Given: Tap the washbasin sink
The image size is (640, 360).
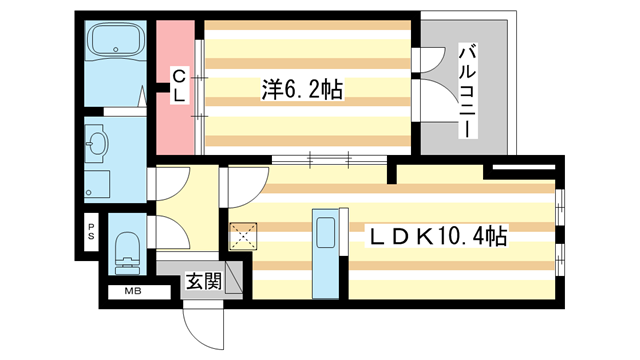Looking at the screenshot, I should point(97,144).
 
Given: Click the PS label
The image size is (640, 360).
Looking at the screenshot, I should point(90,234).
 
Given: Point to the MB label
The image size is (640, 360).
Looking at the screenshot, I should point(132,291).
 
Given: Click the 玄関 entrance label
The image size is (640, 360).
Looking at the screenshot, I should point(202,282).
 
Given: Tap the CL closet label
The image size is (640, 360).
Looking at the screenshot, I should point(178,86).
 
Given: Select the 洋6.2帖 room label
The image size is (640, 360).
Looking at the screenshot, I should point(302,90).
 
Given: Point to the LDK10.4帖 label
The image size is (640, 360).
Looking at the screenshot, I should point(439,237).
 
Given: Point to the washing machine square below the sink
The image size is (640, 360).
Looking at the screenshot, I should point(97,184).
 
